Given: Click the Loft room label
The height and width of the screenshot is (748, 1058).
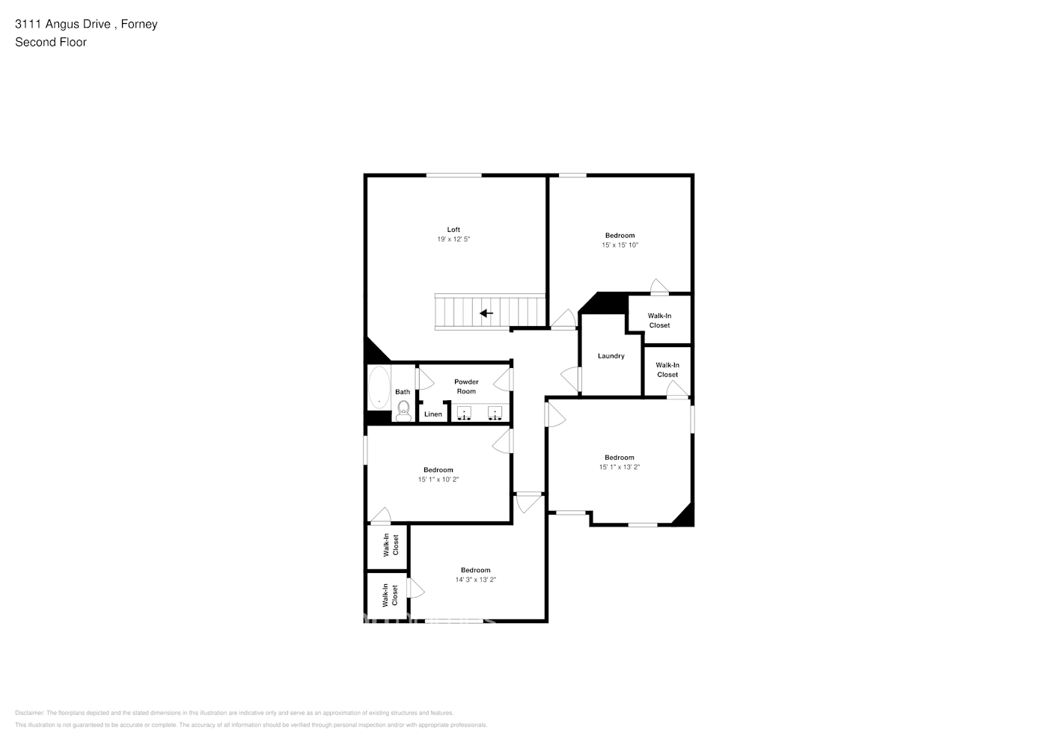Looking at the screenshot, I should [453, 230].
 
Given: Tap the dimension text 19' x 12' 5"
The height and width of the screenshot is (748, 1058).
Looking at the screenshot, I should [453, 239].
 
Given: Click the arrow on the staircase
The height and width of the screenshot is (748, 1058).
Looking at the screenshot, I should [486, 313].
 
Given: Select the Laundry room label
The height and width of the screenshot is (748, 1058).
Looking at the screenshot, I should [611, 356].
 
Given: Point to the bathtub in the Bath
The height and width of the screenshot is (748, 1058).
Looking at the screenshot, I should [379, 387].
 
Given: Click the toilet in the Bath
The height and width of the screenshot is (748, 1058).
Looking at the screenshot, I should [403, 409].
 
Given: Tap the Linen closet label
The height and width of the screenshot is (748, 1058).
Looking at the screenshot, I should [433, 414].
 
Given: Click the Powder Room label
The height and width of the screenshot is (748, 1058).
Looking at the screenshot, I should [466, 387].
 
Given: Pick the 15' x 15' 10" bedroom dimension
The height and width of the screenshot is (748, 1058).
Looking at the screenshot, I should [620, 245].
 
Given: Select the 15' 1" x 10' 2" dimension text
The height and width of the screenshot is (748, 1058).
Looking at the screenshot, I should [438, 479].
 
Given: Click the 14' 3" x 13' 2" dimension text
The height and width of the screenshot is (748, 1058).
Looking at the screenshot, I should [475, 580].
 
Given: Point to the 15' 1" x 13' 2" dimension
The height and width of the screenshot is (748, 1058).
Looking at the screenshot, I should [619, 467].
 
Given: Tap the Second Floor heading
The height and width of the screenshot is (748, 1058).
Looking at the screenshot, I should [51, 42].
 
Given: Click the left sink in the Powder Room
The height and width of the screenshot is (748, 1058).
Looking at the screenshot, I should [464, 413].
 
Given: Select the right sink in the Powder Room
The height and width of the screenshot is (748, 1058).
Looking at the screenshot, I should [495, 413].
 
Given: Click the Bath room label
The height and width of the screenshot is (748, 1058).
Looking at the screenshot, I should [403, 392].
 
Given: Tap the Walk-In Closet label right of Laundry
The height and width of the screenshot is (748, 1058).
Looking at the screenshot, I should [667, 370].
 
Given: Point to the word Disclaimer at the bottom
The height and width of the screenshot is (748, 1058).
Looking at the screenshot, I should [30, 713].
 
